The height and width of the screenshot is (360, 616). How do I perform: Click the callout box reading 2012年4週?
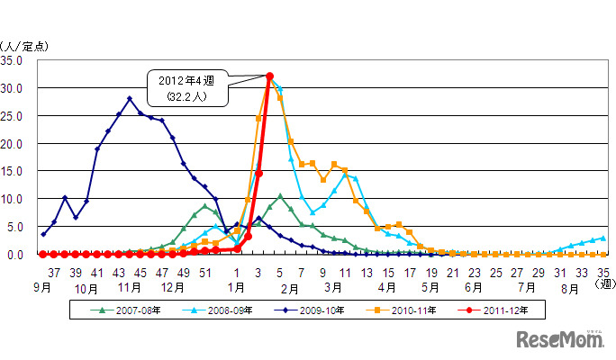[188, 87]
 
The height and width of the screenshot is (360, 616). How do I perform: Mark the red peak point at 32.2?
[269, 76]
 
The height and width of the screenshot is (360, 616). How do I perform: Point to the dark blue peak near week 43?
[130, 99]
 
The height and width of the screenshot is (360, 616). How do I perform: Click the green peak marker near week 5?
[280, 195]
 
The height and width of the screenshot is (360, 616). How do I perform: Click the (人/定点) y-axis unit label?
[21, 45]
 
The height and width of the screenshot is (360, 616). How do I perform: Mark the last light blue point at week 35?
[602, 238]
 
